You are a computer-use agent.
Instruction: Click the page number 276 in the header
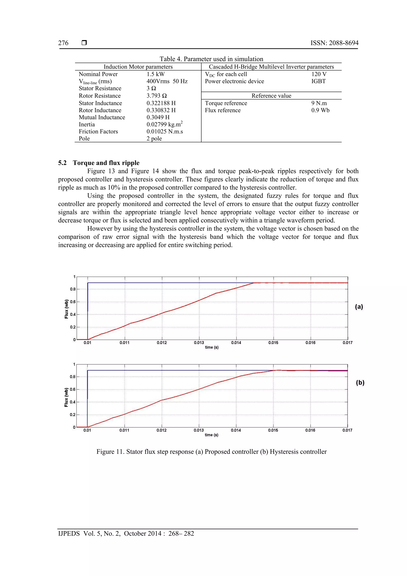63,43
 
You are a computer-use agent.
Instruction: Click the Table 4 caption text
211,59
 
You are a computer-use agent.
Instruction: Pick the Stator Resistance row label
100,88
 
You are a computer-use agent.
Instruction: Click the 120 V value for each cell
319,74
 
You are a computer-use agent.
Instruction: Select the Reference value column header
271,96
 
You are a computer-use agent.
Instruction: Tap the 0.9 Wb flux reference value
320,110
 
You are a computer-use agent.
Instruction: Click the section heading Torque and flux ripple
106,163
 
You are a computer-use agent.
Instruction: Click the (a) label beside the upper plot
359,307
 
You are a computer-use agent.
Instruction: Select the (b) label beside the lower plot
360,382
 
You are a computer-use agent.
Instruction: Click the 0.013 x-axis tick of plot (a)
199,343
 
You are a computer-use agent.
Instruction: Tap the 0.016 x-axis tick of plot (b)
310,430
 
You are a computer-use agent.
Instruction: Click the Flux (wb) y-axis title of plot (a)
66,309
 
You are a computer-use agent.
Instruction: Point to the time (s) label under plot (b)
211,435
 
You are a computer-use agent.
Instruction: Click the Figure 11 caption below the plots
211,452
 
